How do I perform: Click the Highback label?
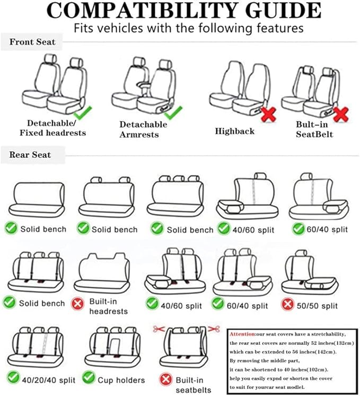point(234,131)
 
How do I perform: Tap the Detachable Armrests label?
point(143,130)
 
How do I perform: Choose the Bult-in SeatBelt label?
point(314,130)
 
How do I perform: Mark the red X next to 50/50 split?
point(288,306)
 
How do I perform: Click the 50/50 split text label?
point(318,306)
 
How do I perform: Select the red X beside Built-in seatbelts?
point(166,380)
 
